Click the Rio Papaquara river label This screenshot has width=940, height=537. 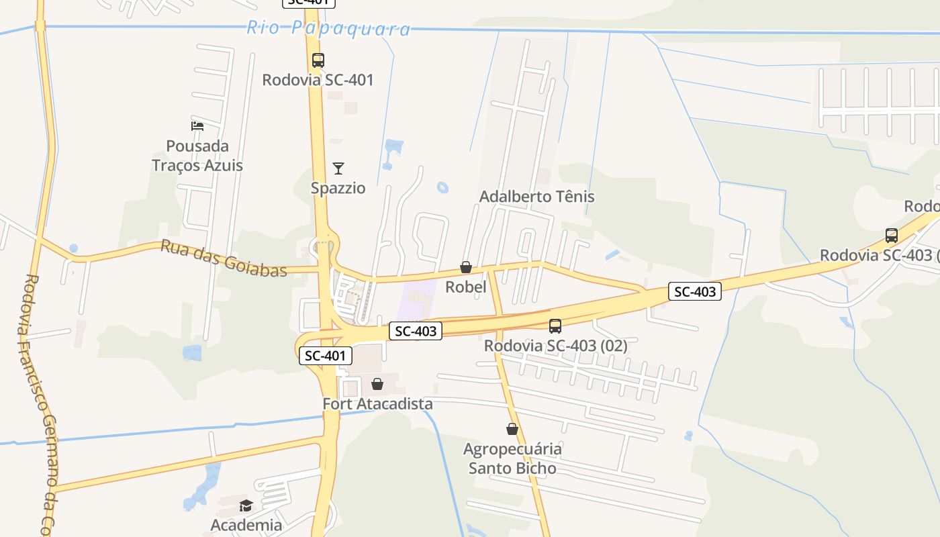click(x=328, y=28)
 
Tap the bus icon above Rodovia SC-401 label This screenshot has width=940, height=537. click(x=318, y=60)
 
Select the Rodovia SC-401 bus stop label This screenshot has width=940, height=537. click(x=318, y=80)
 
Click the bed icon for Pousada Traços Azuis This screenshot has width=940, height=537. click(x=197, y=126)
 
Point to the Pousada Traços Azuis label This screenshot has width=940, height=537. click(x=197, y=156)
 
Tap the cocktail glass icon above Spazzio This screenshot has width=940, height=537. click(x=338, y=168)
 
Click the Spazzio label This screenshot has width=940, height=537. click(x=338, y=188)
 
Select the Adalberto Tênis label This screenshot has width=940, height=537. click(x=536, y=197)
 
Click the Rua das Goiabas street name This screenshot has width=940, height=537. click(x=224, y=258)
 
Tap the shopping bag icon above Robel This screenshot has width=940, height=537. click(x=466, y=268)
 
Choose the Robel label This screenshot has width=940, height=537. click(x=466, y=287)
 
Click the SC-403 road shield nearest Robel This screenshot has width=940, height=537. click(x=416, y=331)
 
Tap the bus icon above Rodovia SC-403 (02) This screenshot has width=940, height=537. click(x=555, y=326)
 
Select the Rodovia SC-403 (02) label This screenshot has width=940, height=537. click(x=555, y=346)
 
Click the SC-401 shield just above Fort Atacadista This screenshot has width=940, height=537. click(x=325, y=356)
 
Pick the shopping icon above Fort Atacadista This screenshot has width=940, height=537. click(x=377, y=384)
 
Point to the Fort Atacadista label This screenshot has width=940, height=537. click(x=377, y=404)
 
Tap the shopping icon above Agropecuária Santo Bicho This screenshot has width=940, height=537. click(x=512, y=429)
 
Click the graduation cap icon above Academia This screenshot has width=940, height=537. click(x=246, y=505)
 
